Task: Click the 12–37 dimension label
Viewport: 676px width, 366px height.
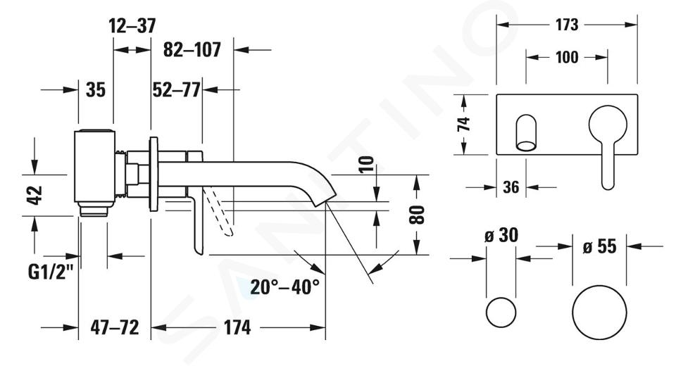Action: [132, 26]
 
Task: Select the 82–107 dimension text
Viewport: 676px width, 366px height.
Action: [192, 49]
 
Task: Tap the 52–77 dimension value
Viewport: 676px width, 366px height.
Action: [176, 89]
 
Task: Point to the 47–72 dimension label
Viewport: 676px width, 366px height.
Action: [115, 327]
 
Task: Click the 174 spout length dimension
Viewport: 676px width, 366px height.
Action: [237, 327]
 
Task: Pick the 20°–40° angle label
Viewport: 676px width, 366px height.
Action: [285, 286]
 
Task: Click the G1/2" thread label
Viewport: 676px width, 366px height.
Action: [51, 272]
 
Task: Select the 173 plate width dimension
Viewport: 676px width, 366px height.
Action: [566, 25]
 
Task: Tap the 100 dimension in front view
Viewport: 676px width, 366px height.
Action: [566, 57]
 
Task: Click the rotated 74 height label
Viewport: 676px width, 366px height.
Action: [463, 124]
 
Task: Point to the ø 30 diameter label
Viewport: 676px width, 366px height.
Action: [501, 236]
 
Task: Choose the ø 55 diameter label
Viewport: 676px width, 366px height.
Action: [599, 246]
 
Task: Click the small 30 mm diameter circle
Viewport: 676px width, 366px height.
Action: [501, 312]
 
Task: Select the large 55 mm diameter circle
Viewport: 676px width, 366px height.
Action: [599, 312]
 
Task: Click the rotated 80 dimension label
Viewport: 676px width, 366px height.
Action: [417, 215]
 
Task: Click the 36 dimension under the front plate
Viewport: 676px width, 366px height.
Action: [511, 187]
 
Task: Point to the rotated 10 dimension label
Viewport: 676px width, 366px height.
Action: [366, 165]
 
